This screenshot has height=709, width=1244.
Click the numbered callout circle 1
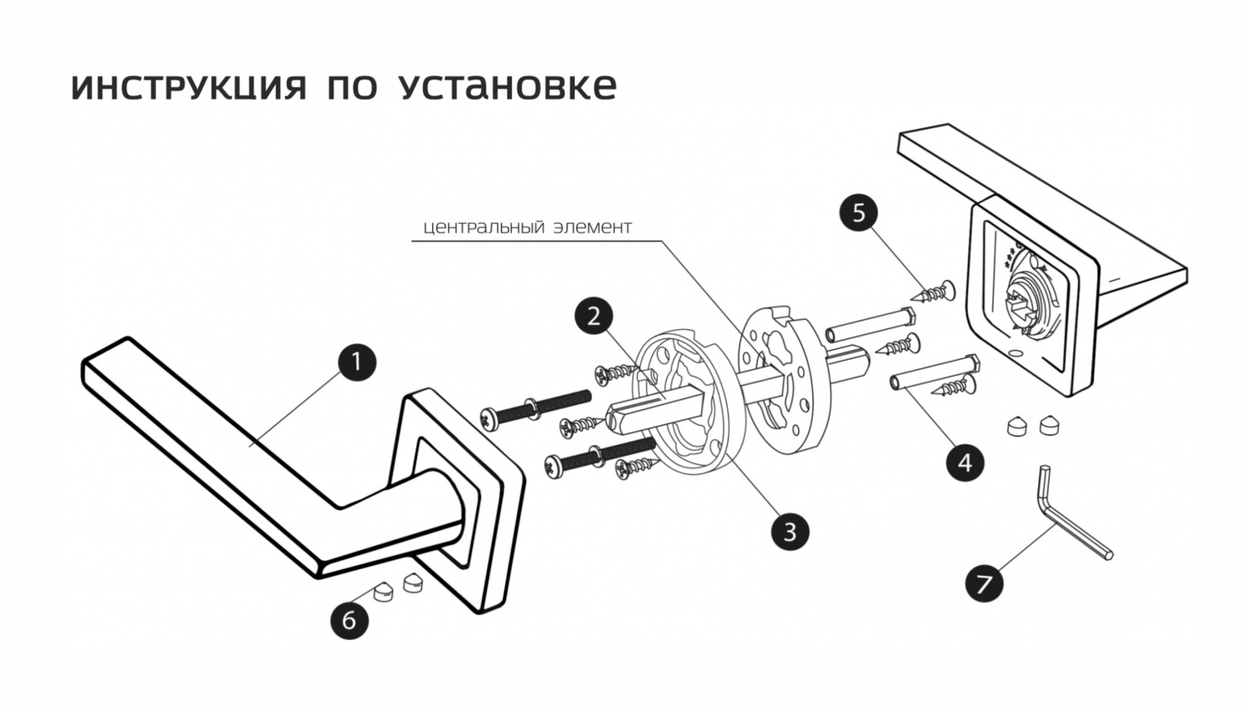(356, 362)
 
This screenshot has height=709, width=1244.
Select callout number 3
(790, 532)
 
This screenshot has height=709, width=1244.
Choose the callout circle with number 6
(349, 619)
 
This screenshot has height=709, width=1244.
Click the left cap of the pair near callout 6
(383, 591)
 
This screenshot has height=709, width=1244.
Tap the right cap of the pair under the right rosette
(1050, 425)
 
